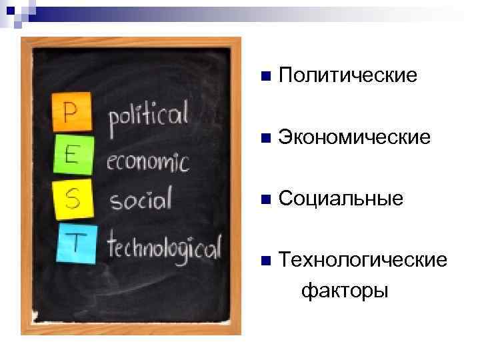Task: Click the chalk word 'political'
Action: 149,120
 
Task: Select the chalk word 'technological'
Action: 164,247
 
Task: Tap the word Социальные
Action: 341,199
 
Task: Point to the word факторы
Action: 344,291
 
